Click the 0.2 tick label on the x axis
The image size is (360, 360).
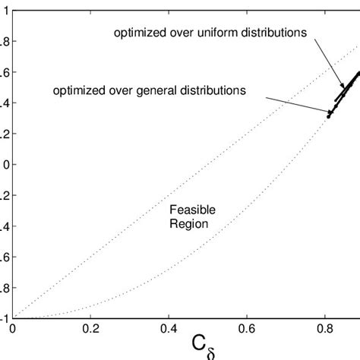pyautogui.click(x=90, y=330)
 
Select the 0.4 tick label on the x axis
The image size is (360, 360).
pyautogui.click(x=169, y=330)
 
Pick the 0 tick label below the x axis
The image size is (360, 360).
pyautogui.click(x=13, y=330)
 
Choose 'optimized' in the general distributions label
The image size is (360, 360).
pyautogui.click(x=80, y=90)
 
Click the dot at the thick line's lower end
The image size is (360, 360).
pyautogui.click(x=329, y=116)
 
